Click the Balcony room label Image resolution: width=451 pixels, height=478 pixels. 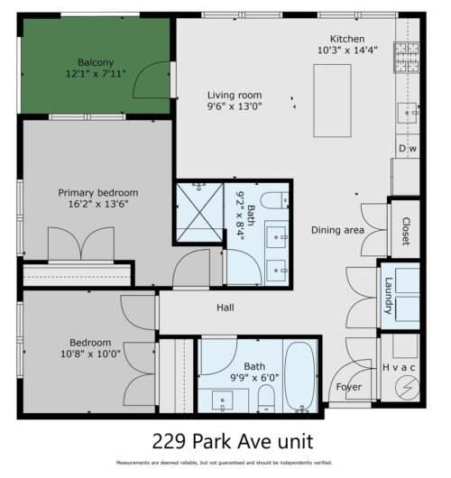click(95, 62)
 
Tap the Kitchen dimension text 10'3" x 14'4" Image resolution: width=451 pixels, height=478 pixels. click(346, 51)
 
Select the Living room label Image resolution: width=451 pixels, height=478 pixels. click(234, 95)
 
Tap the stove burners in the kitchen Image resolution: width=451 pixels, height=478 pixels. click(406, 59)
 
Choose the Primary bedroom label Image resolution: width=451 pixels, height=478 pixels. click(98, 192)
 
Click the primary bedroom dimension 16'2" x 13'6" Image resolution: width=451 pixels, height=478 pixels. click(98, 205)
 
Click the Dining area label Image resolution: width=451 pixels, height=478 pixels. click(337, 230)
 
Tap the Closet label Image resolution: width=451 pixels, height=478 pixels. click(406, 231)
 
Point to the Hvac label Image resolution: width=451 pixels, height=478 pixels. click(400, 367)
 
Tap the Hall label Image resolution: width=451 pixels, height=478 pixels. click(225, 308)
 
